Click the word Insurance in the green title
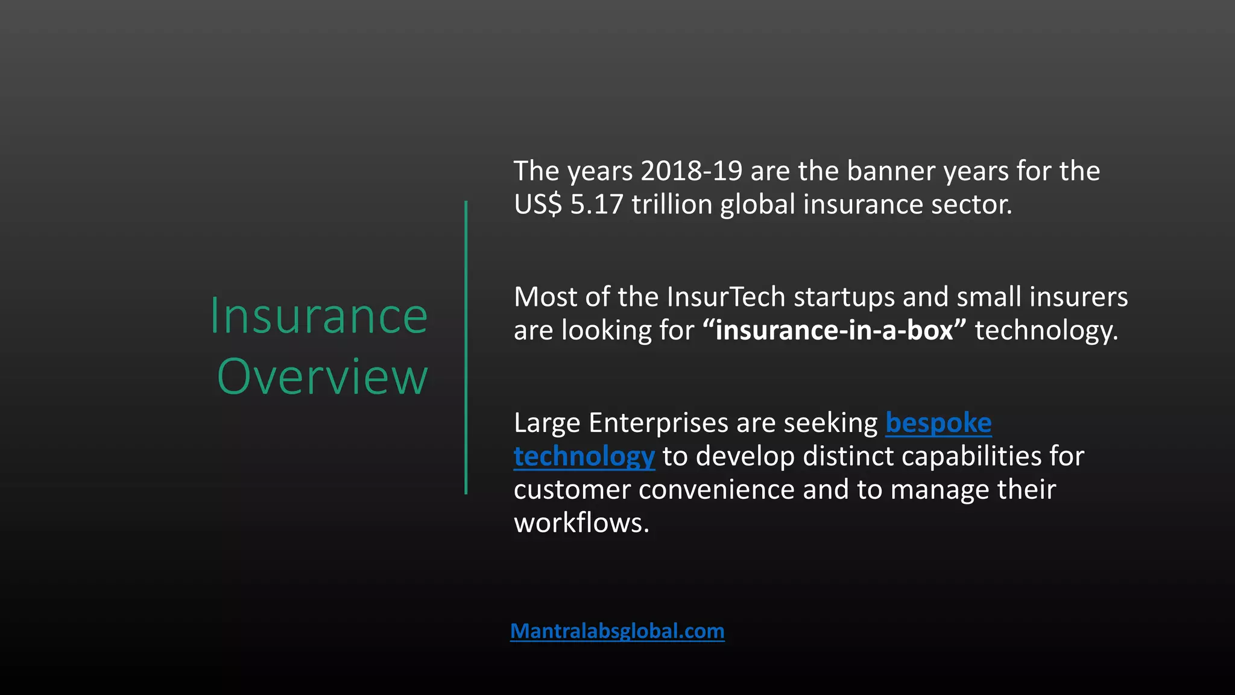tap(318, 316)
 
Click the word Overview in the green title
tap(322, 377)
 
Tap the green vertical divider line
tap(466, 347)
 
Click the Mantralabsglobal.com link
tap(617, 631)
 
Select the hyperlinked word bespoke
tap(938, 424)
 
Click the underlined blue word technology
tap(584, 457)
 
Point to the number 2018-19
tap(691, 171)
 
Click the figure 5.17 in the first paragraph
tap(596, 205)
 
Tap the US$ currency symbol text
tap(538, 205)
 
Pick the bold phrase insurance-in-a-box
tap(834, 331)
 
